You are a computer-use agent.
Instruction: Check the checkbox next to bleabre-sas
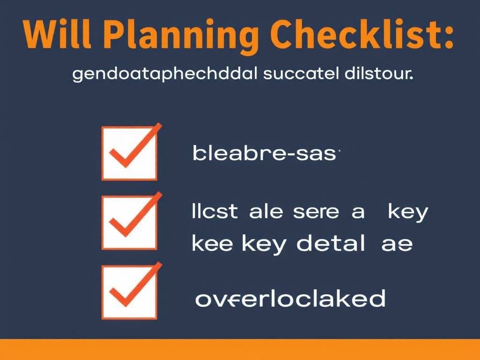[x=128, y=153]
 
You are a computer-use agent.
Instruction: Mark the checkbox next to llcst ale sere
[x=128, y=223]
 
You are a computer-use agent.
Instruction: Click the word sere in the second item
[x=315, y=212]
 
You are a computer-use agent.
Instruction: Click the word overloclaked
[x=290, y=299]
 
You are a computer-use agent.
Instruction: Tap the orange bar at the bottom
[x=240, y=349]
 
